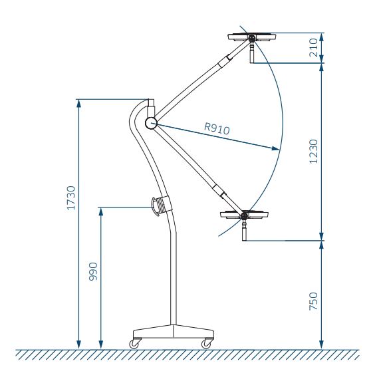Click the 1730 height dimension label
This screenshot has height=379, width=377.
(x=72, y=197)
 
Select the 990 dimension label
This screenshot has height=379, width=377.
(x=93, y=271)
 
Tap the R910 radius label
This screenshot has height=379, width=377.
(x=217, y=128)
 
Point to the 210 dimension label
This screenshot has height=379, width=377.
(x=313, y=48)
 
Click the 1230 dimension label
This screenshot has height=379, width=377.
(x=313, y=152)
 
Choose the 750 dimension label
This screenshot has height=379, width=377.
(x=313, y=301)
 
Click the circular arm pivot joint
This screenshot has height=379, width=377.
(x=152, y=123)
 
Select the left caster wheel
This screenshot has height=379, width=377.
(x=134, y=343)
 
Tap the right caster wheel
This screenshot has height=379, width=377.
(x=207, y=343)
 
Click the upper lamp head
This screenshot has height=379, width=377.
(x=252, y=37)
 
